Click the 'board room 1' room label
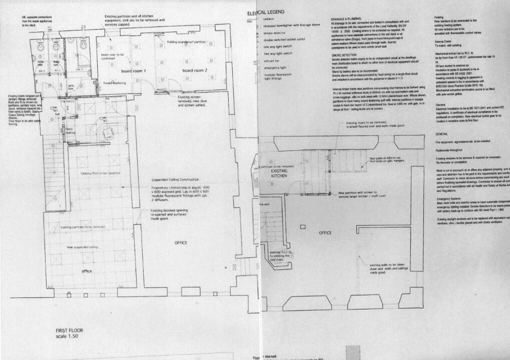(x=131, y=71)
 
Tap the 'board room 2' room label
(x=195, y=71)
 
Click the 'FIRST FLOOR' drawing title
(x=70, y=330)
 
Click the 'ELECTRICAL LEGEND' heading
(x=266, y=12)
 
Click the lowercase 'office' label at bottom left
(x=88, y=271)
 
